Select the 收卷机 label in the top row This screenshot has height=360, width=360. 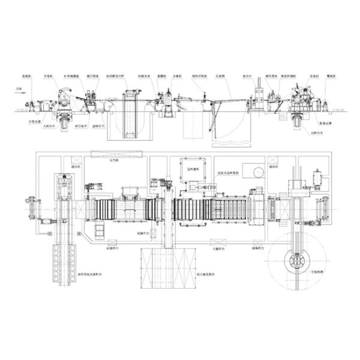point(295,77)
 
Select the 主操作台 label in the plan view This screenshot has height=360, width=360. point(213,247)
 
